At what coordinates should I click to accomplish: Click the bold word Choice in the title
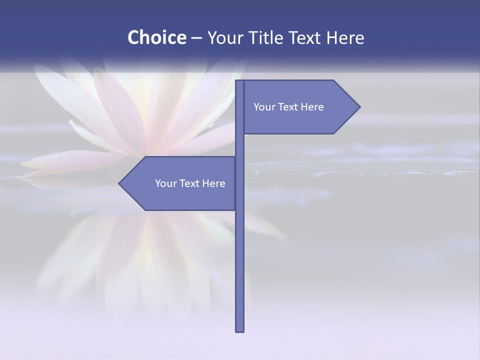coord(156,37)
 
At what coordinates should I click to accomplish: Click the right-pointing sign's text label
coord(288,107)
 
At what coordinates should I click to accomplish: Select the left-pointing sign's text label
coord(190,183)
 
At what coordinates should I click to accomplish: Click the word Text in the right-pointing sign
coord(288,107)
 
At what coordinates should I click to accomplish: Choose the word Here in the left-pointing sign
coord(214,183)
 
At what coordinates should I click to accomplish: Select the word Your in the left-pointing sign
coord(165,183)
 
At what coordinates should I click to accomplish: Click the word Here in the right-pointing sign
coord(312,107)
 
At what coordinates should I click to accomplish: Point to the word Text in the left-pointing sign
coord(190,183)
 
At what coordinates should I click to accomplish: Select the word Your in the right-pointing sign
coord(264,107)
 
